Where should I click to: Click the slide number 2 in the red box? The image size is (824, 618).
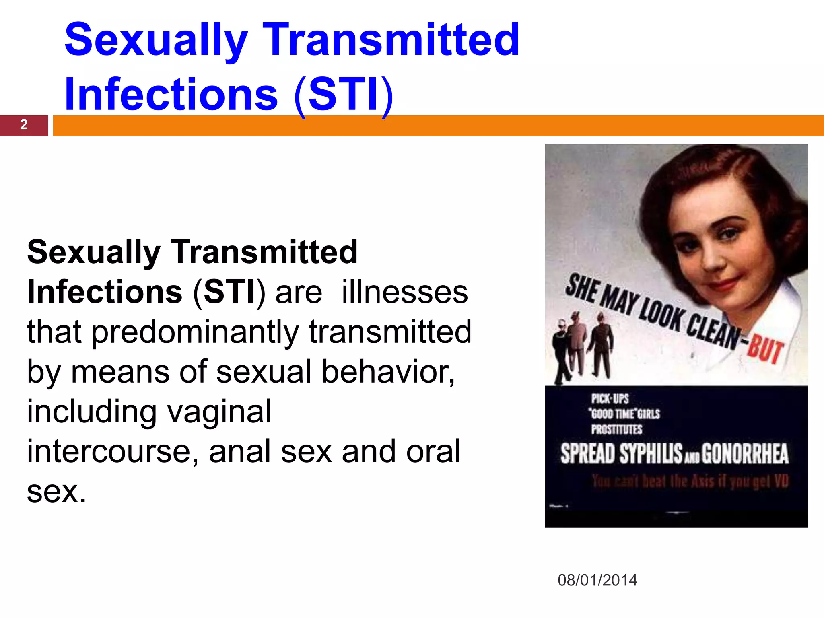(x=24, y=125)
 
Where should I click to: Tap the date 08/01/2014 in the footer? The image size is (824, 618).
(x=597, y=580)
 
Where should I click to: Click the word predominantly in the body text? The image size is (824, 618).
(x=195, y=332)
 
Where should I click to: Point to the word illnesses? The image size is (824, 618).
(x=404, y=292)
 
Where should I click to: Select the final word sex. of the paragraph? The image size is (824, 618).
(x=56, y=491)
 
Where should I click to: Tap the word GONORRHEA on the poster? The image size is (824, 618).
(x=745, y=454)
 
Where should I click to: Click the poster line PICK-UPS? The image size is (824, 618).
(x=610, y=398)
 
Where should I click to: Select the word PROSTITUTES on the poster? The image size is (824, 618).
(x=616, y=429)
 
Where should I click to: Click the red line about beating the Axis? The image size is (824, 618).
(x=690, y=481)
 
